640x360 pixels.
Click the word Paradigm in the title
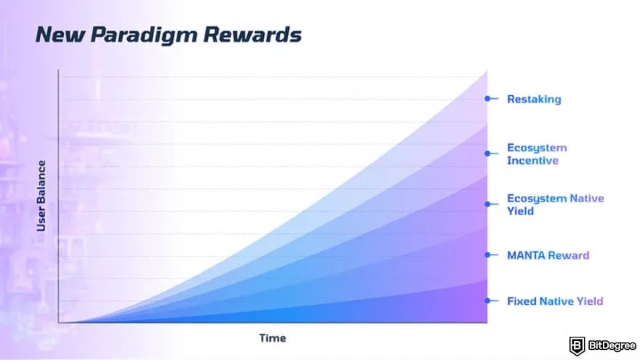pyautogui.click(x=144, y=36)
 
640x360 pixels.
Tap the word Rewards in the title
pyautogui.click(x=252, y=34)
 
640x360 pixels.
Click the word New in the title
pyautogui.click(x=60, y=34)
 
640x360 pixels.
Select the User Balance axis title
pyautogui.click(x=41, y=196)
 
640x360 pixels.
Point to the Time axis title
pyautogui.click(x=272, y=338)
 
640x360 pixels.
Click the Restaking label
pyautogui.click(x=534, y=99)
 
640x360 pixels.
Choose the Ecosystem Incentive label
pyautogui.click(x=537, y=154)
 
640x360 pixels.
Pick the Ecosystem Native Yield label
pyautogui.click(x=556, y=204)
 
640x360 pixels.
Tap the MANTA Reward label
pyautogui.click(x=548, y=255)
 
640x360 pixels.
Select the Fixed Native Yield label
pyautogui.click(x=555, y=301)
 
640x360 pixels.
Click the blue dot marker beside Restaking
pyautogui.click(x=487, y=98)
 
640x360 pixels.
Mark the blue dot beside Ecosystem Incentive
pyautogui.click(x=487, y=153)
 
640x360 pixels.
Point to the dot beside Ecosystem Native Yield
pyautogui.click(x=487, y=204)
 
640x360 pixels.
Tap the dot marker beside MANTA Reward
pyautogui.click(x=487, y=255)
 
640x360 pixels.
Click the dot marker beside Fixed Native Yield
pyautogui.click(x=487, y=301)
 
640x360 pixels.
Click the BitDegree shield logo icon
pyautogui.click(x=577, y=346)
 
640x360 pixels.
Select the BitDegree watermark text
pyautogui.click(x=612, y=346)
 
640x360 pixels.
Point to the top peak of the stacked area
pyautogui.click(x=487, y=71)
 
